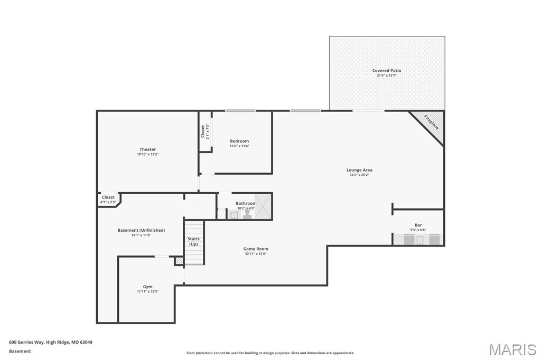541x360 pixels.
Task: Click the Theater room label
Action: pyautogui.click(x=147, y=149)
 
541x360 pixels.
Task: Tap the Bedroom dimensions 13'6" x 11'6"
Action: pyautogui.click(x=239, y=146)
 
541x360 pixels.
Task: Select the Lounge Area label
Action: pyautogui.click(x=359, y=170)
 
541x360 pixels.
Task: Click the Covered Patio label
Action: pyautogui.click(x=387, y=70)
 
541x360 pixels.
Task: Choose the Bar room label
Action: pyautogui.click(x=418, y=225)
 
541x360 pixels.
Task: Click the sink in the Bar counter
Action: pyautogui.click(x=420, y=241)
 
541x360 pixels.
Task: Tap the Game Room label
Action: pyautogui.click(x=256, y=249)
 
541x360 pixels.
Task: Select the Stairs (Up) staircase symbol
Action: pyautogui.click(x=194, y=243)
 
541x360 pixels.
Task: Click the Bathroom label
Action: pyautogui.click(x=246, y=203)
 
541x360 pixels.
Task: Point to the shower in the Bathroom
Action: pyautogui.click(x=263, y=206)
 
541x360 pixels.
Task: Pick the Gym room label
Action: pyautogui.click(x=147, y=287)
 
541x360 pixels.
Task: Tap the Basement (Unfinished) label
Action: pyautogui.click(x=141, y=230)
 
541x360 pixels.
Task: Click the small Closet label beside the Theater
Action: pyautogui.click(x=108, y=197)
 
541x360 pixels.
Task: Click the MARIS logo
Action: pyautogui.click(x=512, y=350)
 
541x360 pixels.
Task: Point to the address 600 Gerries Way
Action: pyautogui.click(x=51, y=342)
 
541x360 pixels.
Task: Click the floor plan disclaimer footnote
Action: pyautogui.click(x=270, y=353)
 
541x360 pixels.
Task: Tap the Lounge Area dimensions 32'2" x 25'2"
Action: pyautogui.click(x=359, y=175)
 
